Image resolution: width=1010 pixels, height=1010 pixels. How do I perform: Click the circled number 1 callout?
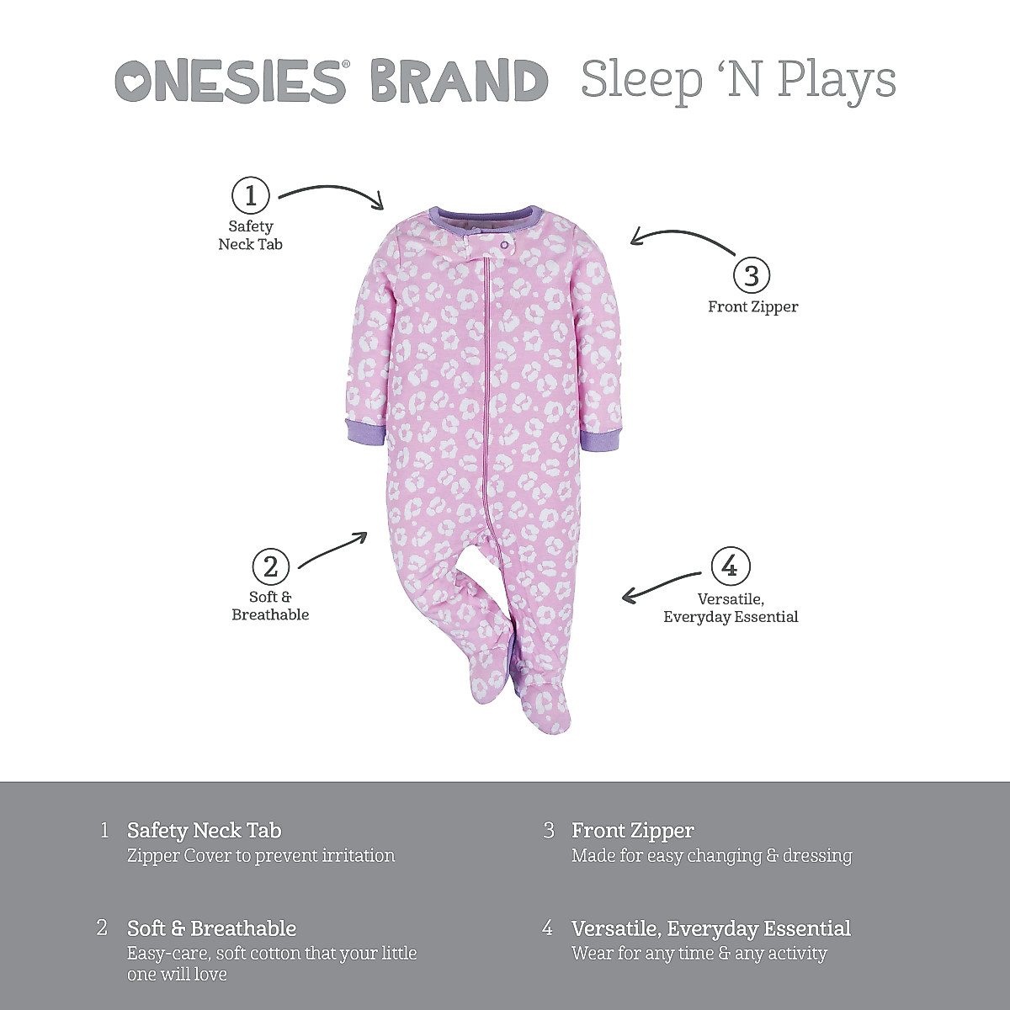click(250, 196)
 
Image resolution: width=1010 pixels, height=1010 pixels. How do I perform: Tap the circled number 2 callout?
click(270, 566)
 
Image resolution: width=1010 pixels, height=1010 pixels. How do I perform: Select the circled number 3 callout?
click(752, 275)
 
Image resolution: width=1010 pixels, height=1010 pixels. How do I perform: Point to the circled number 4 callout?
click(730, 566)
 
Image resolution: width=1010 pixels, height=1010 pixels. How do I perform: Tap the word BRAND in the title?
click(459, 82)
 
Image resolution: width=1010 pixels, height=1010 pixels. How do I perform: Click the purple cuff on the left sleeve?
click(365, 431)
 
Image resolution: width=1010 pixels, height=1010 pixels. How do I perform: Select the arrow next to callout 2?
click(333, 549)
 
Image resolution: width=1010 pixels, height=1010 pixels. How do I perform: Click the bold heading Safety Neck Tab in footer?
click(204, 831)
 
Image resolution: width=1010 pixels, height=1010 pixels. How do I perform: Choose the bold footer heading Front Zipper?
click(632, 831)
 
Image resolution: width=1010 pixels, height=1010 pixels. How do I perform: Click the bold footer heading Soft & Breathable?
click(211, 928)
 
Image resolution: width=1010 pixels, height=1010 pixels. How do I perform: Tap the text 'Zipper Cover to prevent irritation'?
click(260, 856)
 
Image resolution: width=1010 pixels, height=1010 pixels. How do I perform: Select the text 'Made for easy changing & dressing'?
click(711, 856)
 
